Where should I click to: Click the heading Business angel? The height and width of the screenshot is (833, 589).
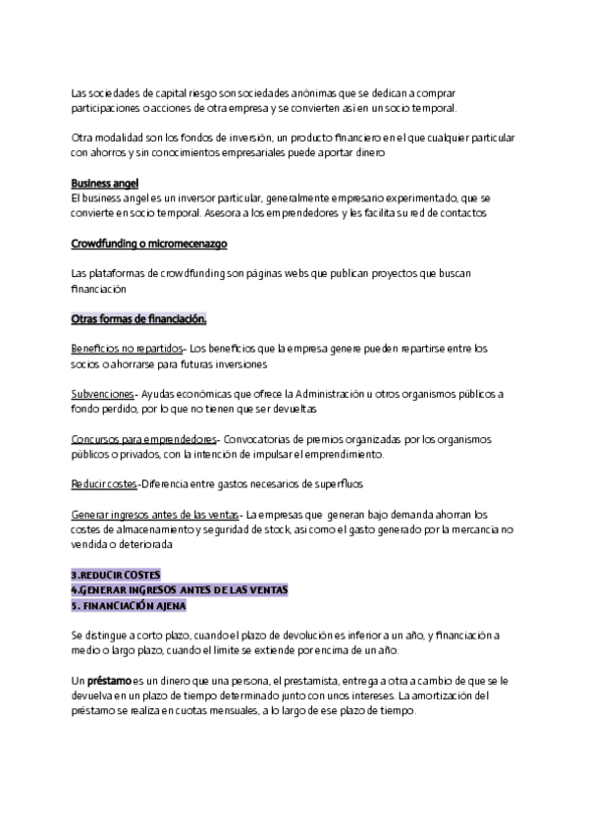point(105,184)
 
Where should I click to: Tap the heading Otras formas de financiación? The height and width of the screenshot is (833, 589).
point(138,319)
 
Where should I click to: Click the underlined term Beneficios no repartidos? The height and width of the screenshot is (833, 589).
point(127,349)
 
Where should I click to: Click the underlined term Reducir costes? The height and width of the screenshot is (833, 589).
point(104,484)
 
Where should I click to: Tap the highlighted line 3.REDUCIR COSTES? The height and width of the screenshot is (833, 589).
point(116,574)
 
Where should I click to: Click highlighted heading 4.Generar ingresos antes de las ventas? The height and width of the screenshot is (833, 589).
point(180,588)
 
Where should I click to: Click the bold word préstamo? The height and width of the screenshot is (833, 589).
point(106,680)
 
